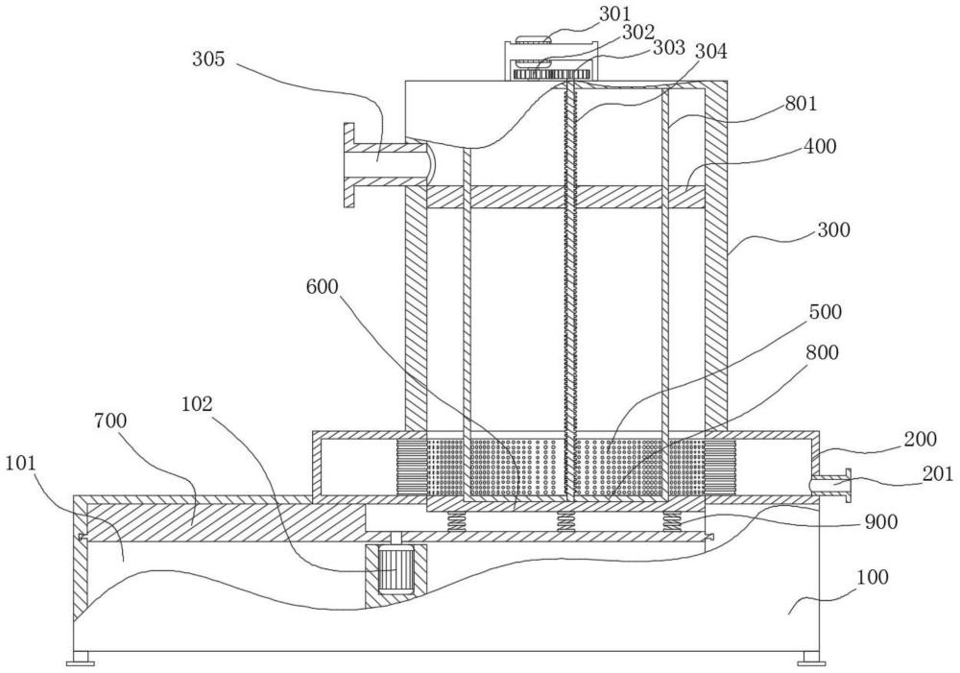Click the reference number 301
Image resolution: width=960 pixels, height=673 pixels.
point(615,13)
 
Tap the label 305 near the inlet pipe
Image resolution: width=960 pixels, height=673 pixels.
point(209,60)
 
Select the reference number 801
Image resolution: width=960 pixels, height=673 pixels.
point(801,104)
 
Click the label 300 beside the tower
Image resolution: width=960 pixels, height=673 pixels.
point(833,230)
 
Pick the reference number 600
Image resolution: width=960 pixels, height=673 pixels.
point(322,286)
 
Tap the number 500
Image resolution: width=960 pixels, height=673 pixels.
point(826,312)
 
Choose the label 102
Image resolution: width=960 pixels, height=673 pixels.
point(197,404)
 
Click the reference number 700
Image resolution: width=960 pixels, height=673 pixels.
point(110,421)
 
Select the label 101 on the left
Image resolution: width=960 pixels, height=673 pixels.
point(21,464)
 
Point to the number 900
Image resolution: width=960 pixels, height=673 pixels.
point(880,521)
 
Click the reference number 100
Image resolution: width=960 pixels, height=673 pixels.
point(873,577)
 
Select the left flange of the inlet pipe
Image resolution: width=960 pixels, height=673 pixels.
point(348,165)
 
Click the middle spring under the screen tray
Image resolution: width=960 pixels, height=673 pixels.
point(565,521)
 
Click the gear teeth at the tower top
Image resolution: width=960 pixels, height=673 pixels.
point(551,75)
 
